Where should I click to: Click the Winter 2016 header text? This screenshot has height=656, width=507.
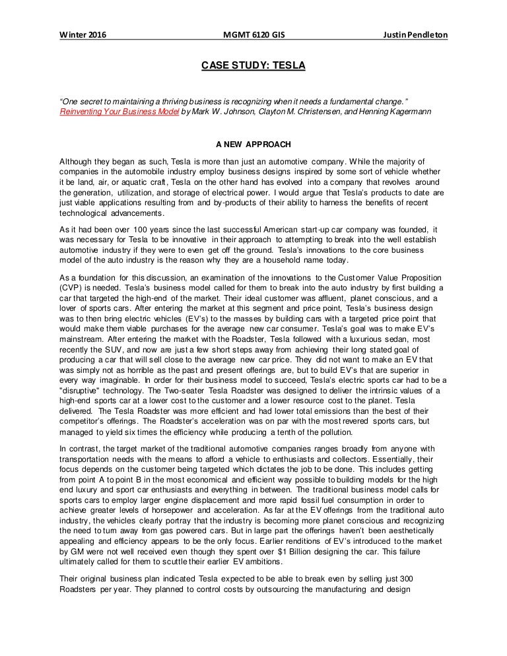(x=82, y=34)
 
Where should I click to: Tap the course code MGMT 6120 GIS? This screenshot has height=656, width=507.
(x=253, y=34)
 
